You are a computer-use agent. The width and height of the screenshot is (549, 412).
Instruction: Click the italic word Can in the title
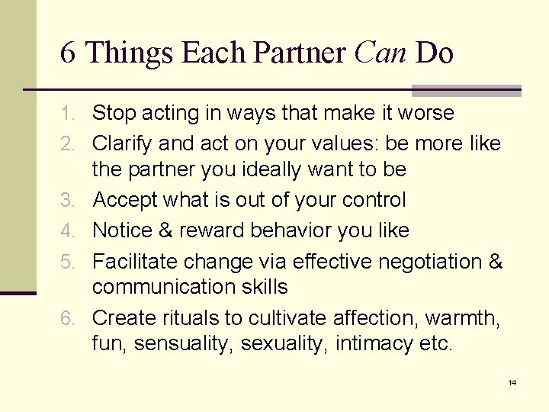381,53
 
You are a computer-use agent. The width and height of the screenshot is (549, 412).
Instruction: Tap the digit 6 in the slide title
68,53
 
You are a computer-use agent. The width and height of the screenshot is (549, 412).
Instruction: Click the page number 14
512,382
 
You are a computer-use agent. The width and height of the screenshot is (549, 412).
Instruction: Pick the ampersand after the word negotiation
495,262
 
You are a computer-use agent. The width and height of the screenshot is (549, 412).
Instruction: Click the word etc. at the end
436,344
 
